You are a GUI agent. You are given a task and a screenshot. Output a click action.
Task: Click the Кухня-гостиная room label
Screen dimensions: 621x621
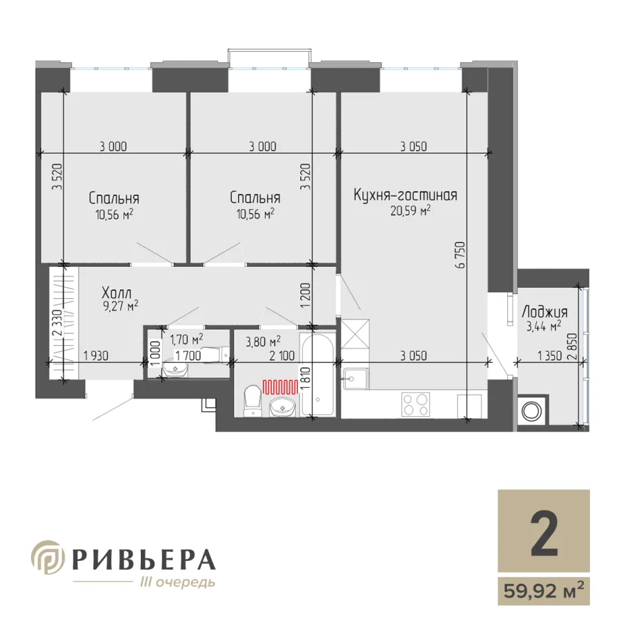click(405, 195)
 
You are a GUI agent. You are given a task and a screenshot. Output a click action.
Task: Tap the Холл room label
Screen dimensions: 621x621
click(117, 293)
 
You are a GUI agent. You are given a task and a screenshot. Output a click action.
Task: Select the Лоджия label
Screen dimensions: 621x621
click(545, 312)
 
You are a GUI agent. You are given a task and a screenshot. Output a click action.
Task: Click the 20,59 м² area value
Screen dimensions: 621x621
click(411, 210)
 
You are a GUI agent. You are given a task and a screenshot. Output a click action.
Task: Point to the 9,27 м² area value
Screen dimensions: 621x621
click(121, 306)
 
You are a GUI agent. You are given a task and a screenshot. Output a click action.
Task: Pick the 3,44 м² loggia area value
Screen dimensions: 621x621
click(544, 326)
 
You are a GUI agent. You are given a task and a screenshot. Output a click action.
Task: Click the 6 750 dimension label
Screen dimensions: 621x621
click(460, 255)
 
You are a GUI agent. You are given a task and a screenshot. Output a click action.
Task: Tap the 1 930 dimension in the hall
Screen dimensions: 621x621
click(96, 355)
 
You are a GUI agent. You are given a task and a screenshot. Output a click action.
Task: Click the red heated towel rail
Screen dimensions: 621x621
click(280, 386)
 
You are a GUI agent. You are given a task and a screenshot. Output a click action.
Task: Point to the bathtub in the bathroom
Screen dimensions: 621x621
click(317, 375)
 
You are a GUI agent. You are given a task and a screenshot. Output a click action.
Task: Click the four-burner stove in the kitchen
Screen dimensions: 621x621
click(415, 404)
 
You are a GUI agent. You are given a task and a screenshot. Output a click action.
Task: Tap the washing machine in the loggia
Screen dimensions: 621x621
click(532, 411)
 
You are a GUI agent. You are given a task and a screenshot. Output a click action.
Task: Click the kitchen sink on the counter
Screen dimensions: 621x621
click(355, 378)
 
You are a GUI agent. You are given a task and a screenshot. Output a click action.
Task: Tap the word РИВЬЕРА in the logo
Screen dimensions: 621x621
click(144, 560)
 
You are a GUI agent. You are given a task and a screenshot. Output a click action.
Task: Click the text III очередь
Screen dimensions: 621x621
click(178, 582)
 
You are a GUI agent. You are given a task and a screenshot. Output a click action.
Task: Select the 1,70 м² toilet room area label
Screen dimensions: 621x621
click(186, 339)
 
